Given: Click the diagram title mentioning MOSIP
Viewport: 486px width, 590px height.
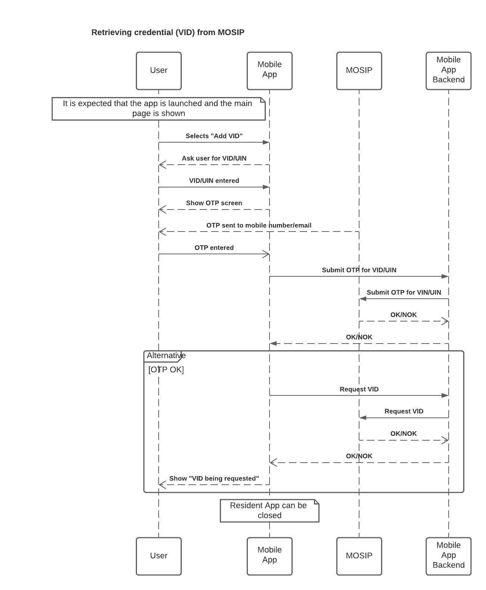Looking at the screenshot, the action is pyautogui.click(x=168, y=32).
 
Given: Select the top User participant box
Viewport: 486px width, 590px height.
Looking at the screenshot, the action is pyautogui.click(x=159, y=71).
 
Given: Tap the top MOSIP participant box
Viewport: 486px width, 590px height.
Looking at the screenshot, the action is pyautogui.click(x=359, y=71).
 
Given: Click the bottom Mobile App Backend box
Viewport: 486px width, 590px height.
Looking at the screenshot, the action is pyautogui.click(x=448, y=556).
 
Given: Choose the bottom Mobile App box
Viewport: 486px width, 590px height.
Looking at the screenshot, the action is pyautogui.click(x=269, y=556).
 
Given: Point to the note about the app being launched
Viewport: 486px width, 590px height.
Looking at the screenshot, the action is pyautogui.click(x=159, y=109).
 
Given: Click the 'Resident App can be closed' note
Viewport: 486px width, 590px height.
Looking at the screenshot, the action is pyautogui.click(x=269, y=510).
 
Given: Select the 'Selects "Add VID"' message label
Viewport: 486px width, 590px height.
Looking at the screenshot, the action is pyautogui.click(x=214, y=136).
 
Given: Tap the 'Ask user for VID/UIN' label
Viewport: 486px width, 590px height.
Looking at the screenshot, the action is pyautogui.click(x=214, y=158).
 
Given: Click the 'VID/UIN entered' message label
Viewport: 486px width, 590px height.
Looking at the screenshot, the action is pyautogui.click(x=214, y=181).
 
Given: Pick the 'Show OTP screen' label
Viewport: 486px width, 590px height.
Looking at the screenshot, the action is pyautogui.click(x=214, y=203).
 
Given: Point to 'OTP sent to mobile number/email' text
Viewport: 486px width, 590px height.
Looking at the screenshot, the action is pyautogui.click(x=259, y=225).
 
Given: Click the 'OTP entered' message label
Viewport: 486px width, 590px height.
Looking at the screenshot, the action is pyautogui.click(x=214, y=248).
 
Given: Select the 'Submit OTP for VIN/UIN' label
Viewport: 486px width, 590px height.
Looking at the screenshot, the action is pyautogui.click(x=404, y=292).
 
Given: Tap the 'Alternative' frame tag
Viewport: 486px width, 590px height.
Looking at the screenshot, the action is pyautogui.click(x=162, y=356).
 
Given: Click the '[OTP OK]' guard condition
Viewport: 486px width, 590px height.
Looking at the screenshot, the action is pyautogui.click(x=166, y=370).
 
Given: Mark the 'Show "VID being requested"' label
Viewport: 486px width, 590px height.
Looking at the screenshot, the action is pyautogui.click(x=214, y=478).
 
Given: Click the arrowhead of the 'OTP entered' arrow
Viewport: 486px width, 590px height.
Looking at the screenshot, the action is pyautogui.click(x=266, y=254).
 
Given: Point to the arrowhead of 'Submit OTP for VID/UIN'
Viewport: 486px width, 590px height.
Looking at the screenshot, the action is pyautogui.click(x=445, y=276).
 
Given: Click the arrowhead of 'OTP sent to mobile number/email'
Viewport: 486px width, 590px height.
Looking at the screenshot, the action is pyautogui.click(x=162, y=232).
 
